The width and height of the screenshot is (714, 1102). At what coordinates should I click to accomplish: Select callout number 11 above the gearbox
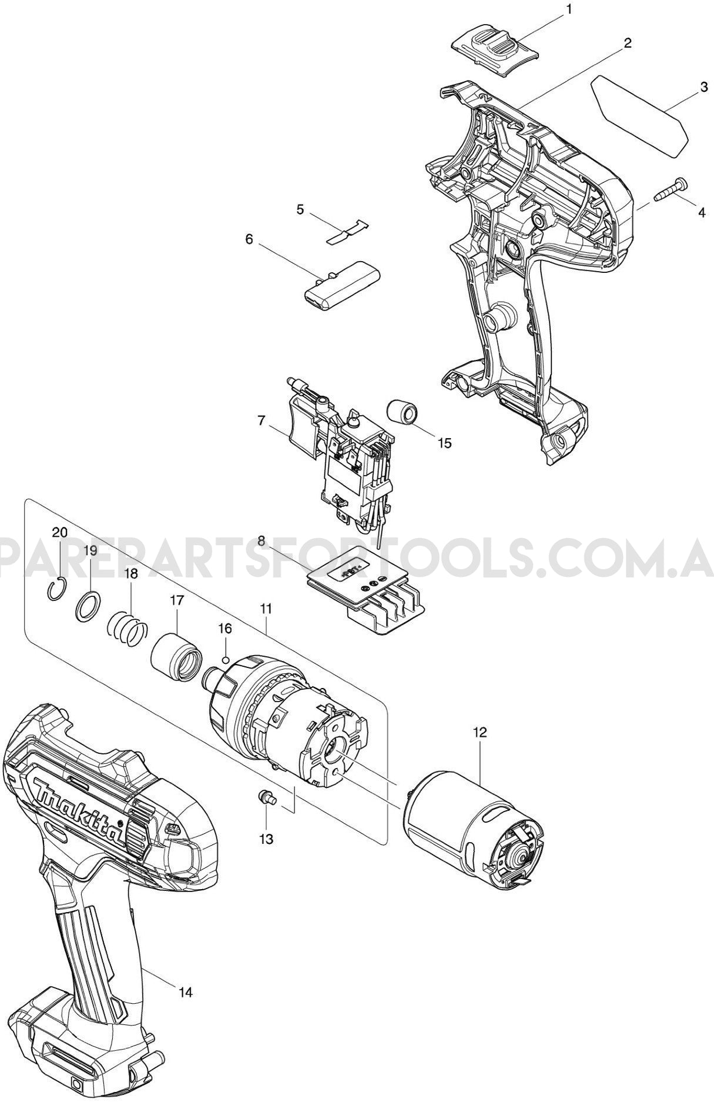point(266,609)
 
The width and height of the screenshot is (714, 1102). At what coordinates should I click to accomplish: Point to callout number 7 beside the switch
point(262,421)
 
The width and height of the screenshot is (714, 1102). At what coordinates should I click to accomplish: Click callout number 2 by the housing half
point(628,43)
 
